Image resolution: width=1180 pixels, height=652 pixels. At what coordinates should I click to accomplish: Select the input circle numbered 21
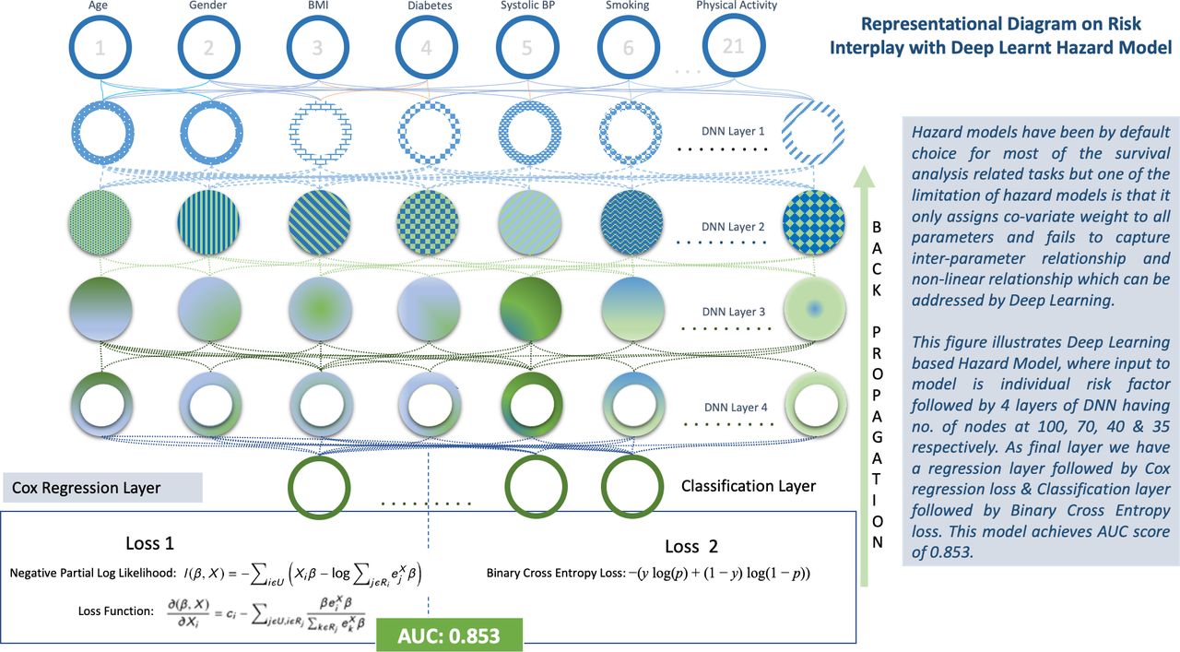(734, 45)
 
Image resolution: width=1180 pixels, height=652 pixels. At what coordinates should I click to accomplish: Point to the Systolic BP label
(526, 6)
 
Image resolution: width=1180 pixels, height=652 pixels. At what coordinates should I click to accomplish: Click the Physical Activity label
(737, 6)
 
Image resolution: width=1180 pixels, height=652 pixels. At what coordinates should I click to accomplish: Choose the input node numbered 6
(629, 47)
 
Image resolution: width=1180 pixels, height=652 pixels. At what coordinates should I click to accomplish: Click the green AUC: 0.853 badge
(449, 636)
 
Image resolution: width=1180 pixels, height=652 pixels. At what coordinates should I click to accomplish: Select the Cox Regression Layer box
(101, 488)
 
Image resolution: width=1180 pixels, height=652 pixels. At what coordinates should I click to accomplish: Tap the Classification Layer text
(749, 486)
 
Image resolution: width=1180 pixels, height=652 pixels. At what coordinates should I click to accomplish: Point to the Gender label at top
(208, 6)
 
